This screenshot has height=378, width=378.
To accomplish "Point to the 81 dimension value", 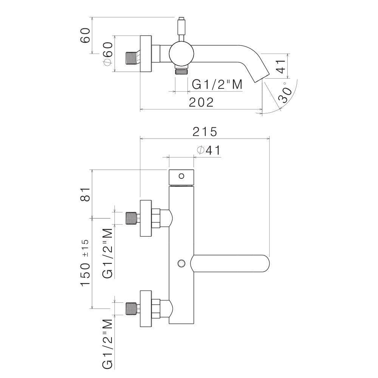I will coord(85,194).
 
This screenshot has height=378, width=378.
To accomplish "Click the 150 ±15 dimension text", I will coord(85,263).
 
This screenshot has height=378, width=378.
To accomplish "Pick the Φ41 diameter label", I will coord(208,150).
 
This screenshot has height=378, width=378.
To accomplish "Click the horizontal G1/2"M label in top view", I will coord(217,85).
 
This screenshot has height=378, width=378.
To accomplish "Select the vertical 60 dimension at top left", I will coord(85,36).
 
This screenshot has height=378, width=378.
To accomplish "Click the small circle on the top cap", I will coord(181,176).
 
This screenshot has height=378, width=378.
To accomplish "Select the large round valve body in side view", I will coord(181,53).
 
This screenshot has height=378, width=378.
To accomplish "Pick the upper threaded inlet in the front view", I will coord(131,218).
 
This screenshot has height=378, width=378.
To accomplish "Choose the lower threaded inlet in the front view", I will coord(131,309).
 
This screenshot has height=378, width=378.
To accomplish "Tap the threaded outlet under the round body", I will coord(181,71).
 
